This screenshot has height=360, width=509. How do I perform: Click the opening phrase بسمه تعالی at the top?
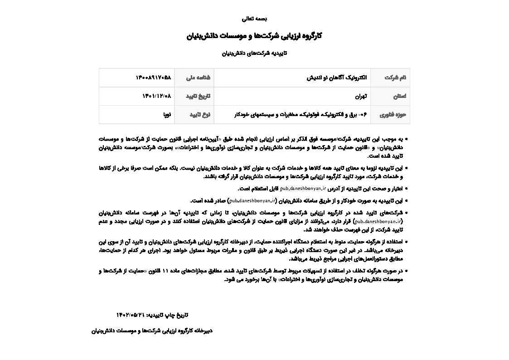(x=254, y=19)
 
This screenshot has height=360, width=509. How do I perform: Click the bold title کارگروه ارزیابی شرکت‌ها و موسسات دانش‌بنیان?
(x=254, y=36)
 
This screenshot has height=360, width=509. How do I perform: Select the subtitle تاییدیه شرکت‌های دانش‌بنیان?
(x=254, y=54)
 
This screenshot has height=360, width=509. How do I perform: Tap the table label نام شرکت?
(x=395, y=78)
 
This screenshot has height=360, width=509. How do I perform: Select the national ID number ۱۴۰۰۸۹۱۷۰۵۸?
(x=153, y=78)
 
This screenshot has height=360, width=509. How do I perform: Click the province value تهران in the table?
(x=361, y=96)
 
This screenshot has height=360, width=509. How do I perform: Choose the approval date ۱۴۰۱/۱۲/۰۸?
(x=157, y=96)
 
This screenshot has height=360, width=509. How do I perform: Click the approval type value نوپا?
(x=167, y=115)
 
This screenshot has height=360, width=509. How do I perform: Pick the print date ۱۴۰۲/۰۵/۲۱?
(x=130, y=315)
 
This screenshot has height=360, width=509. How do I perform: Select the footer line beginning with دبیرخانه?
(x=152, y=331)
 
